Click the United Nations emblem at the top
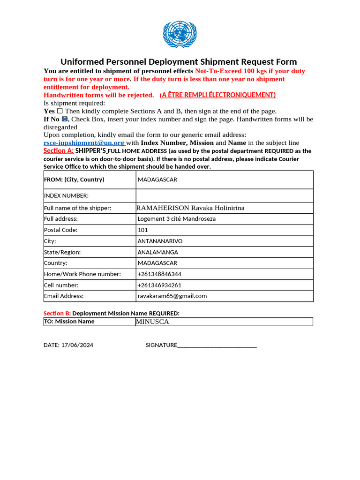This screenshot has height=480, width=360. tap(180, 34)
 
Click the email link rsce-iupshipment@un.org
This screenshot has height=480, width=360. tap(84, 142)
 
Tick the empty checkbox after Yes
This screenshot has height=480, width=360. tap(60, 111)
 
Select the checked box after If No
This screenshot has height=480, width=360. tap(65, 119)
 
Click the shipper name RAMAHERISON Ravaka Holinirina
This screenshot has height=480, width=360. tap(190, 208)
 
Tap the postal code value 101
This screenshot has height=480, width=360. tap(142, 230)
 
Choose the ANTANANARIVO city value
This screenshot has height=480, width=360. tap(160, 241)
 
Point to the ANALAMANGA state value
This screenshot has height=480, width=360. tap(157, 252)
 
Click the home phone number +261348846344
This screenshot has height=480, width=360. tap(159, 274)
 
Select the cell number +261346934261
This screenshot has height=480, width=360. tap(159, 285)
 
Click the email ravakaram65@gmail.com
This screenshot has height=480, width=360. tap(172, 296)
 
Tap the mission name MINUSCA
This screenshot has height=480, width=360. tap(152, 322)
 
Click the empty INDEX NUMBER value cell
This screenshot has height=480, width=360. tap(224, 195)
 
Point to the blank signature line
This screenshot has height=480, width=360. tap(217, 345)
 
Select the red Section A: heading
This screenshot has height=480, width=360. tap(58, 151)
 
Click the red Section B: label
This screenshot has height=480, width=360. tap(57, 313)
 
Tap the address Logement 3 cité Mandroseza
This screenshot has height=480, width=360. tap(176, 218)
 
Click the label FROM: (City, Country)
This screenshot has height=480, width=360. tap(74, 180)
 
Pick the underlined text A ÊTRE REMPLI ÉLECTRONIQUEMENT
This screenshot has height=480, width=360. tap(217, 95)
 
